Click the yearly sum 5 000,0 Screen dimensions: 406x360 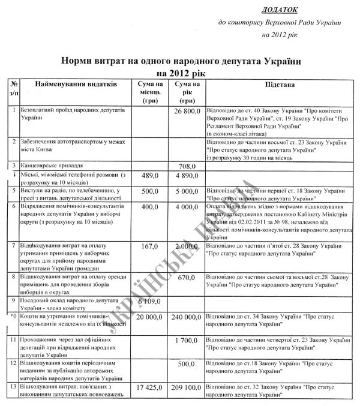pyautogui.click(x=186, y=191)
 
